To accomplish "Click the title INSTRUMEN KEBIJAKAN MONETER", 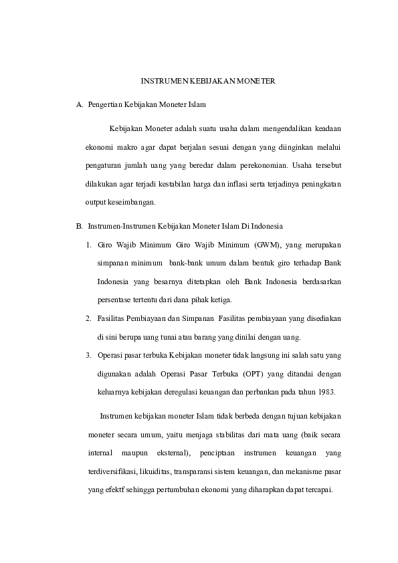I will [x=208, y=81].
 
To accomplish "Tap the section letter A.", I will [x=80, y=105].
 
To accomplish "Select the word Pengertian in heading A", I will [x=104, y=105].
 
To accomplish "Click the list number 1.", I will [x=88, y=244].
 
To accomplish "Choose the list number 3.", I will [x=88, y=354].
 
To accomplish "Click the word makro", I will [x=130, y=144].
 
